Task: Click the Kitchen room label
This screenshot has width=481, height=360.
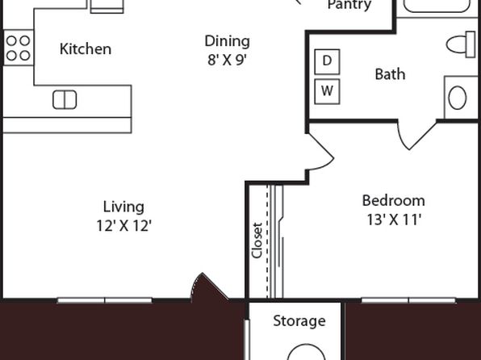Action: (86, 49)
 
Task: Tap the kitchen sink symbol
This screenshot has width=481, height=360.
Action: (65, 100)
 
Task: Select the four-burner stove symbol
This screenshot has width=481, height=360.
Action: (19, 48)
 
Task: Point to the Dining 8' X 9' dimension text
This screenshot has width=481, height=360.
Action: (227, 61)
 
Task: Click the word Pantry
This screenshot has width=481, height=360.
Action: (349, 5)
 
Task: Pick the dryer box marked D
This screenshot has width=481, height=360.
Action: (327, 61)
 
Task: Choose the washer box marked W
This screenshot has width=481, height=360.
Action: (327, 91)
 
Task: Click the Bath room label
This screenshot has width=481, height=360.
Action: (390, 74)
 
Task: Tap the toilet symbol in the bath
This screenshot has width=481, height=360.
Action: (461, 44)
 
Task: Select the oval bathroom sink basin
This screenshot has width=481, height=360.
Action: (457, 98)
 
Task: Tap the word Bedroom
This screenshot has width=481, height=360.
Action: (394, 201)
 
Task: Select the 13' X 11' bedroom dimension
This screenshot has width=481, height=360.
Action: (394, 220)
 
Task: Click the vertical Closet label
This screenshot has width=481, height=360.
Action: (257, 241)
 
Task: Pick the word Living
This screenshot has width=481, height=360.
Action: (123, 207)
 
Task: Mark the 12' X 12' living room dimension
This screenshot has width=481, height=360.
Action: (124, 226)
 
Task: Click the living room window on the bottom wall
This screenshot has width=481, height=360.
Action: (105, 300)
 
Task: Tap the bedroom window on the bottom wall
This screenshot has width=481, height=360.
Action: (408, 300)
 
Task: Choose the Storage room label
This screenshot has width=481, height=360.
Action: (299, 321)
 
